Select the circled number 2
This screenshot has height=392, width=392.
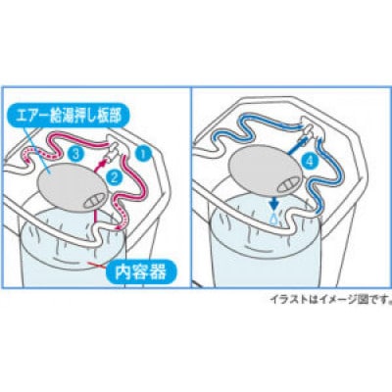coord(115,176)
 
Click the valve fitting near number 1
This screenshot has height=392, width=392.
coord(114,153)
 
